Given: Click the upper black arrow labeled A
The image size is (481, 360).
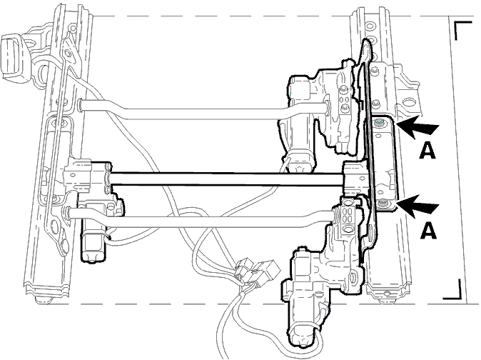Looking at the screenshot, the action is click(417, 127).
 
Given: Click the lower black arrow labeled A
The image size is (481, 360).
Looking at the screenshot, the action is click(417, 206).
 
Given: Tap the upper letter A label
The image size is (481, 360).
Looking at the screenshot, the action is click(427, 151).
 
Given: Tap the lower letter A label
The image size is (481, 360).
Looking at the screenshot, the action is click(428, 231).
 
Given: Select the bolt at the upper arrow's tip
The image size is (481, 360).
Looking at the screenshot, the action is click(380, 123).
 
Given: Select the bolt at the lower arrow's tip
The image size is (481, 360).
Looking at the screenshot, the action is click(383, 203).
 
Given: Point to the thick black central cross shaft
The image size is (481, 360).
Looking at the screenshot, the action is click(226, 179).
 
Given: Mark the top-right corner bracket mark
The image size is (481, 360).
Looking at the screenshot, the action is click(463, 30).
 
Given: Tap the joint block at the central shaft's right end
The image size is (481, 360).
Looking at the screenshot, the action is click(356, 179).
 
